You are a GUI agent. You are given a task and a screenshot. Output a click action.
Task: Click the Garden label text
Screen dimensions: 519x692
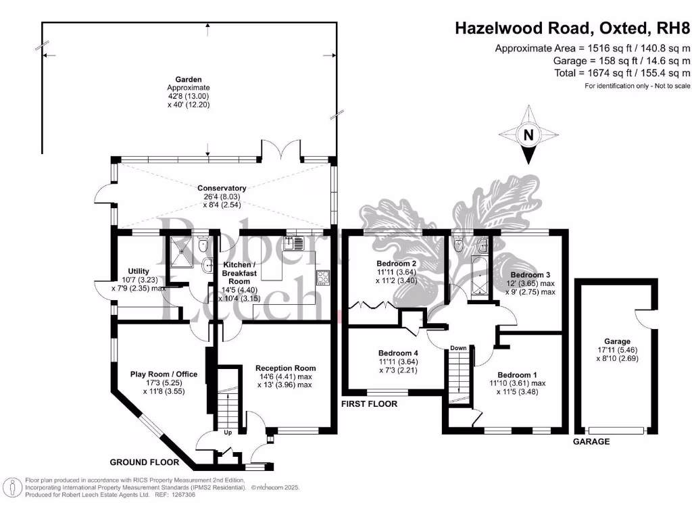pyautogui.click(x=189, y=79)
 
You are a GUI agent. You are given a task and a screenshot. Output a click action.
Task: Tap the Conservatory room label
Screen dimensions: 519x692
pyautogui.click(x=222, y=188)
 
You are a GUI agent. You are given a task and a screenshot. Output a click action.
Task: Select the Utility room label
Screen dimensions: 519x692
pyautogui.click(x=139, y=271)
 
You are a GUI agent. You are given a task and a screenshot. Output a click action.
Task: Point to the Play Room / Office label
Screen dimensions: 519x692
pyautogui.click(x=164, y=373)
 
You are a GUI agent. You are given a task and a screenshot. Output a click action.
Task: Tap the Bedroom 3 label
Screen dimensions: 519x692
pyautogui.click(x=530, y=275)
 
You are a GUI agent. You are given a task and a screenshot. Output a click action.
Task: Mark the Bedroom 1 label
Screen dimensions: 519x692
pyautogui.click(x=518, y=375)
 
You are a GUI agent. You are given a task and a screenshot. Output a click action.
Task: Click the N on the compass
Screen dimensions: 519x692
pyautogui.click(x=528, y=135)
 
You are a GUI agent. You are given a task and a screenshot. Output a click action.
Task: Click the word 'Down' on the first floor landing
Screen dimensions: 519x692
pyautogui.click(x=458, y=348)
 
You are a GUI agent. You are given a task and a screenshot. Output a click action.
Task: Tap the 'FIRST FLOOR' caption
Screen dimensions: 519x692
pyautogui.click(x=369, y=403)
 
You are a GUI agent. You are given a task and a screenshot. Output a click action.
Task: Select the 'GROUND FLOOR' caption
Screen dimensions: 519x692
pyautogui.click(x=145, y=463)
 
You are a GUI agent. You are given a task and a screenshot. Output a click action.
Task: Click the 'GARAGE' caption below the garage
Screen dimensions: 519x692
pyautogui.click(x=591, y=441)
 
